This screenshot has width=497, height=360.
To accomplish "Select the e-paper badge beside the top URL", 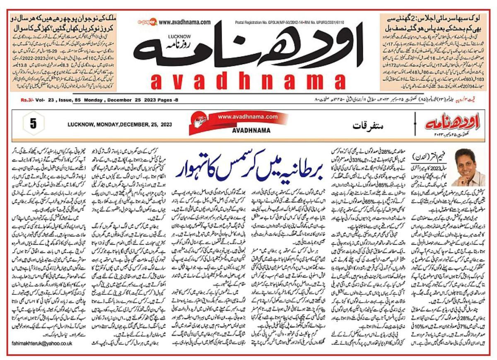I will pos(146,22).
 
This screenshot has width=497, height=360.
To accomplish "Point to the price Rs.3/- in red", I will pos(29,101).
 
